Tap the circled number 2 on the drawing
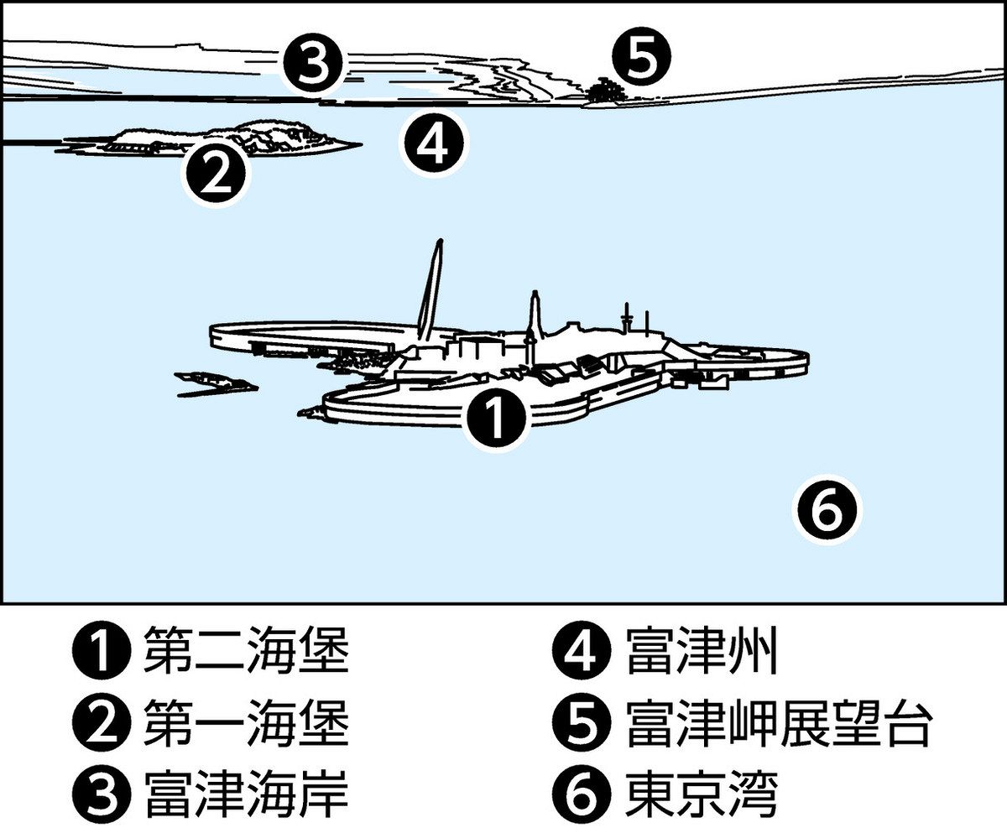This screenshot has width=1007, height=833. click(216, 174)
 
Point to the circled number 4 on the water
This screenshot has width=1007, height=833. click(433, 143)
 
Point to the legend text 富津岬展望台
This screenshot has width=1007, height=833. click(779, 725)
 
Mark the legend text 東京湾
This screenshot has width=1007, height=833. click(702, 794)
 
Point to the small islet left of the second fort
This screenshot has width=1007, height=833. click(215, 383)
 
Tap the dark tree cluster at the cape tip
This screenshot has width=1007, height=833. click(604, 90)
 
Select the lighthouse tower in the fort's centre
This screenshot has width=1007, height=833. click(533, 327)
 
